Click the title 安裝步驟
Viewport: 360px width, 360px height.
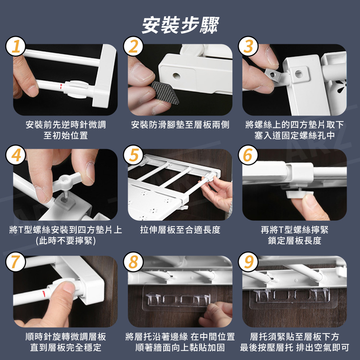tap(180, 25)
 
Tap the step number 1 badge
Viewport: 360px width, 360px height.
tap(16, 46)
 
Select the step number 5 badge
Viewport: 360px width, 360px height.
tap(134, 155)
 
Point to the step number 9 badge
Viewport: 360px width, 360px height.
tap(248, 262)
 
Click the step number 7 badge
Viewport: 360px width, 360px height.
tap(16, 262)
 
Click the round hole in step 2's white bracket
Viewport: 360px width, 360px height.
tap(176, 76)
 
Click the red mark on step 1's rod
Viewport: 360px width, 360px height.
tap(61, 86)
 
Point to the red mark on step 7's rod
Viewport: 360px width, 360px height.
tap(44, 294)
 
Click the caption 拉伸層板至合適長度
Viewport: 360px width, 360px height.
tap(180, 230)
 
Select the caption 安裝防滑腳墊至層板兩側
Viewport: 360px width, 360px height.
tap(180, 125)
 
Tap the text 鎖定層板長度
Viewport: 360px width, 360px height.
tap(294, 240)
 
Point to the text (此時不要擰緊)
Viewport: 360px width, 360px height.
tap(66, 240)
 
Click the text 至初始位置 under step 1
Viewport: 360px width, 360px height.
tap(66, 135)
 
